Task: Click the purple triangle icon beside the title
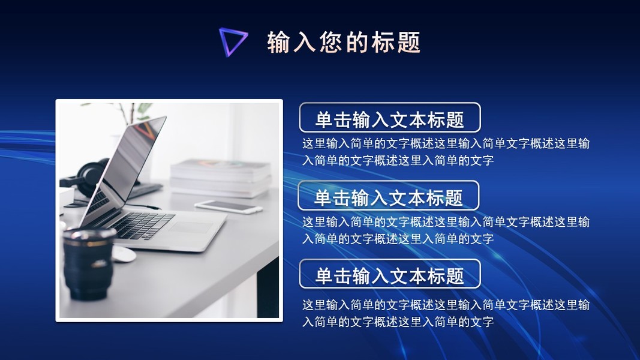click(x=227, y=38)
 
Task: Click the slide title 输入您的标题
click(x=344, y=42)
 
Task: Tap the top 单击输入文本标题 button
click(x=390, y=118)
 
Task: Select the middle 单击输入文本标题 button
click(x=388, y=196)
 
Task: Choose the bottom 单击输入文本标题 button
click(x=390, y=274)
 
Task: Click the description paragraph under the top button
click(x=446, y=152)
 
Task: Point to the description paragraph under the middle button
click(x=446, y=230)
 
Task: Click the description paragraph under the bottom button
click(x=446, y=313)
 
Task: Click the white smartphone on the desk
click(x=228, y=206)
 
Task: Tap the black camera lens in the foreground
click(x=88, y=263)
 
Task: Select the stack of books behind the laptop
click(x=220, y=178)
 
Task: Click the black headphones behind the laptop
click(x=90, y=178)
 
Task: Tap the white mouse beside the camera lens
click(x=123, y=253)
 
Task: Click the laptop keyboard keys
click(x=139, y=225)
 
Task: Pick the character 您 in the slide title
click(x=330, y=42)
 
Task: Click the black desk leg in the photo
click(x=268, y=289)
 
